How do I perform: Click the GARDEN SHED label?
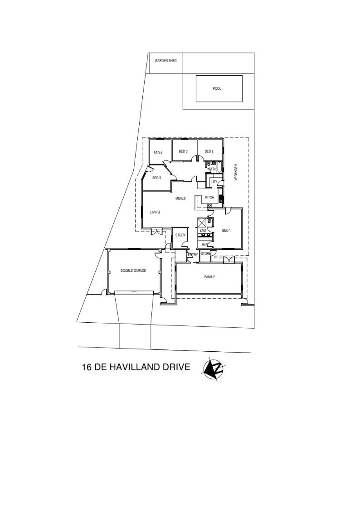(x=165, y=61)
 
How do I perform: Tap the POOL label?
(x=217, y=88)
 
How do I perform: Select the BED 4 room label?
(x=158, y=153)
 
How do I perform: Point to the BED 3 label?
(x=183, y=151)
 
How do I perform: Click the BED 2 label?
(x=209, y=151)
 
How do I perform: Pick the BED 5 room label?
(x=156, y=178)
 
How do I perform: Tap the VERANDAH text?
(x=236, y=172)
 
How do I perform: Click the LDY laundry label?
(x=214, y=182)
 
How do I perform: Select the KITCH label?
(x=210, y=197)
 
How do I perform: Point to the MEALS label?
(x=180, y=199)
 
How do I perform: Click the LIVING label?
(x=155, y=212)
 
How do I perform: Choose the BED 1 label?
(x=226, y=231)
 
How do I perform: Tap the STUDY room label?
(x=180, y=235)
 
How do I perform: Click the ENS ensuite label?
(x=203, y=231)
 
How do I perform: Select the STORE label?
(x=206, y=253)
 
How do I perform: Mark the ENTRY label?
(x=193, y=255)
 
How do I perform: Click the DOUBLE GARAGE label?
(x=133, y=271)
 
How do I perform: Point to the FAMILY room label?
(x=209, y=277)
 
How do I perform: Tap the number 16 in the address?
(x=87, y=367)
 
